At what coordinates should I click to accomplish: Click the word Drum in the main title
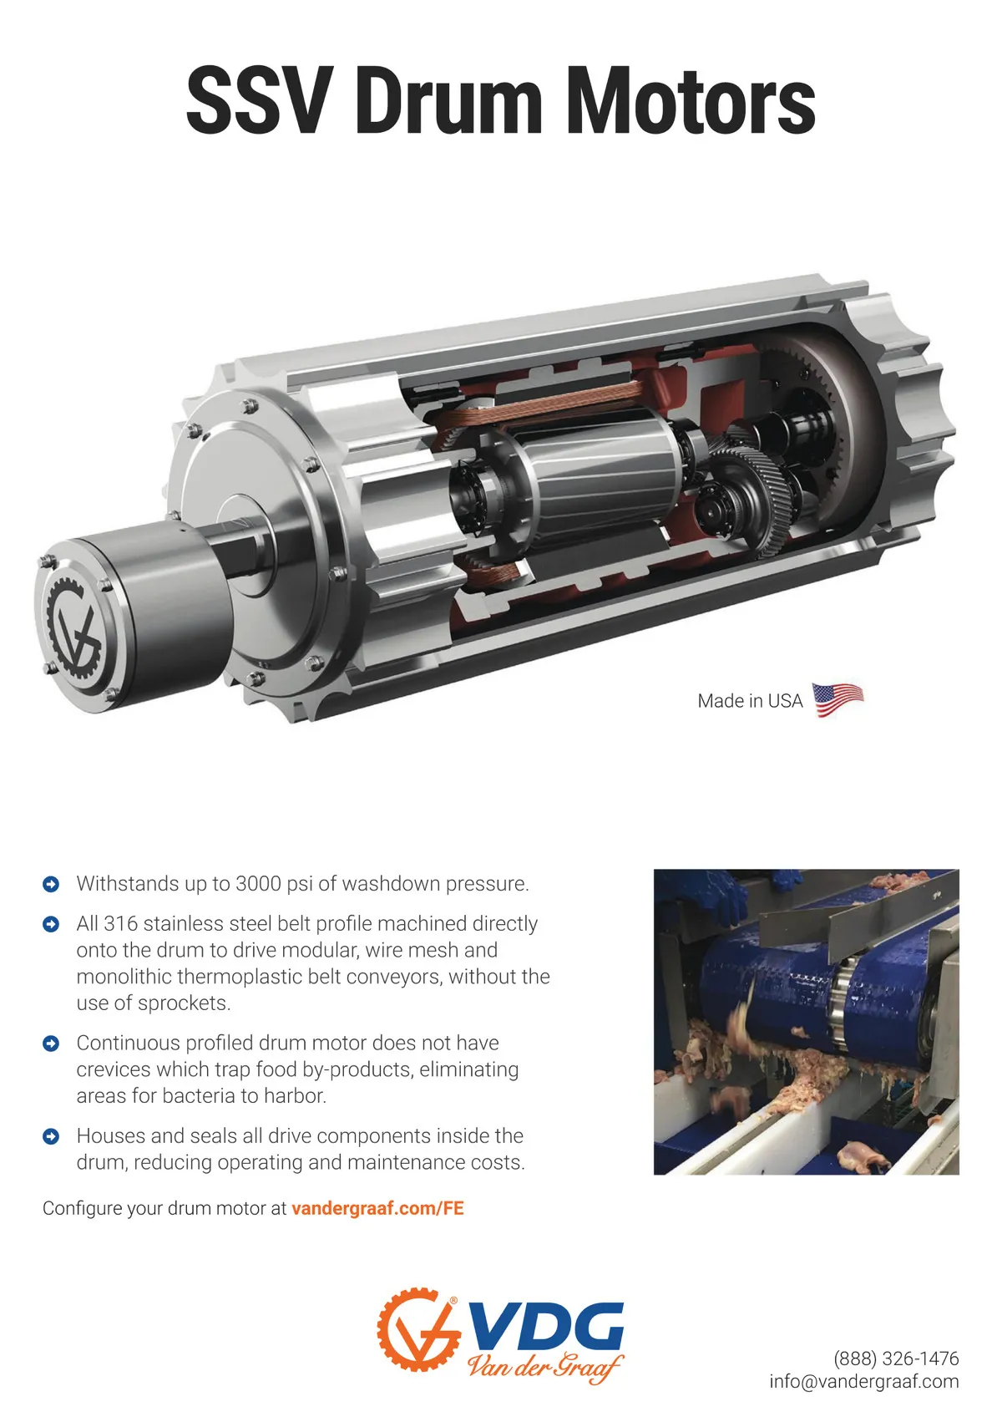[x=448, y=101]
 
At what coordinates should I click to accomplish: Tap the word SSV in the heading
[x=261, y=101]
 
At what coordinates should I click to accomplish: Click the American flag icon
[x=838, y=699]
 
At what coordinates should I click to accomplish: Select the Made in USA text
[x=750, y=701]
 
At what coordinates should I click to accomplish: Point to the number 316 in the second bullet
[x=120, y=923]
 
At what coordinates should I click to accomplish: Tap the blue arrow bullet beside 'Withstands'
[x=51, y=884]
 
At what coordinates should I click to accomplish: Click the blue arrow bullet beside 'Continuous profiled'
[x=51, y=1044]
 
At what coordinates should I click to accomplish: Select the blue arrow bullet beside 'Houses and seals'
[x=51, y=1136]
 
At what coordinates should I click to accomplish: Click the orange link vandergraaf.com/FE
[x=377, y=1208]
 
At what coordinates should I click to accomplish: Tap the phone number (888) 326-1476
[x=896, y=1358]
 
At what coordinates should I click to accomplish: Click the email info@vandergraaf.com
[x=864, y=1381]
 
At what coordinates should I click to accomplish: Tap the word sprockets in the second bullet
[x=184, y=1003]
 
